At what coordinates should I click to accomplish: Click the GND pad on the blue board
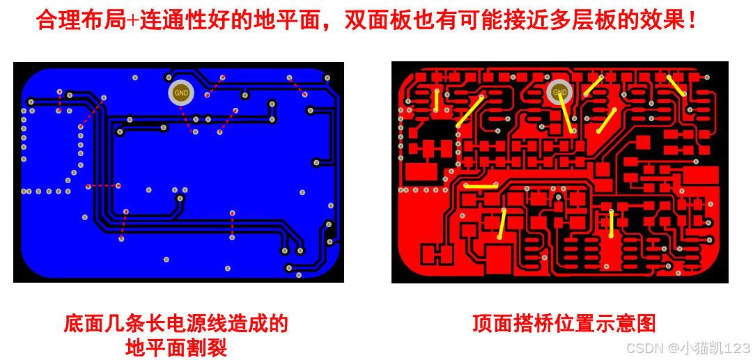181,92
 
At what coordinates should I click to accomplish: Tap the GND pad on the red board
559,92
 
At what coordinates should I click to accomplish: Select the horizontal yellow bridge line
481,185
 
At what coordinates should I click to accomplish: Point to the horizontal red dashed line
103,186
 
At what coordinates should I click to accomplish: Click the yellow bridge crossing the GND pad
566,112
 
